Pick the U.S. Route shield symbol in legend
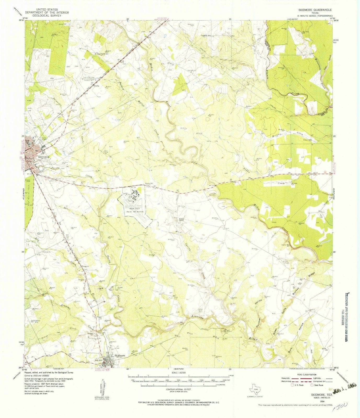coord(292,385)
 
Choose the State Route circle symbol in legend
coord(311,385)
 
